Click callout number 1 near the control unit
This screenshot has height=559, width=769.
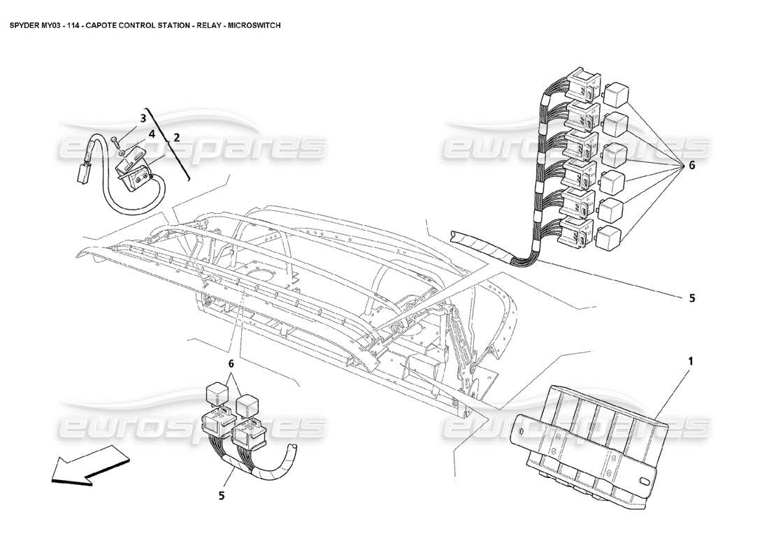690,361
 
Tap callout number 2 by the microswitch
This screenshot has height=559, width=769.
177,138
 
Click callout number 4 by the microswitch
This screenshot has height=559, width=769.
152,133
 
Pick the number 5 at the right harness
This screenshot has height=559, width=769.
691,298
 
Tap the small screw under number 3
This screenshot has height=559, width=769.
121,148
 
